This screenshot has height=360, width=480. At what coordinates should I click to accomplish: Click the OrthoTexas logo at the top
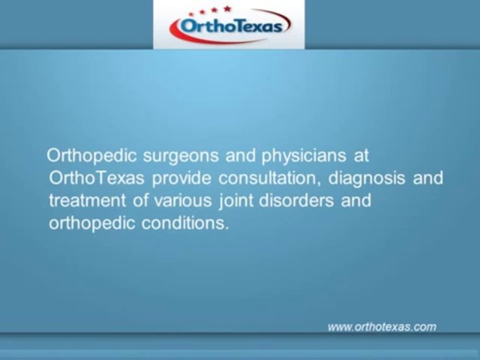click(x=229, y=25)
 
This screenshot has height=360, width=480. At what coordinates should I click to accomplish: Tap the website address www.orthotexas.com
click(x=382, y=327)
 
